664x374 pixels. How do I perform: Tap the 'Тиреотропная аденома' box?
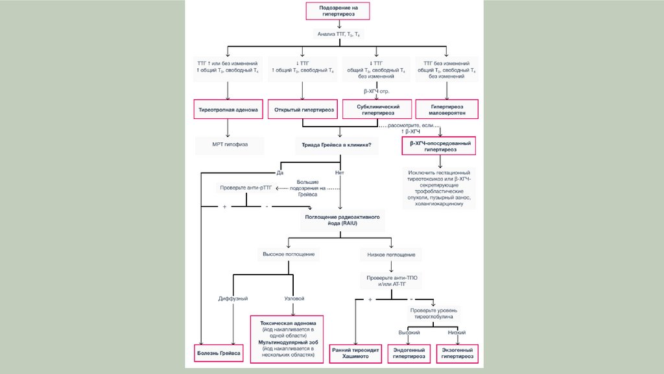click(229, 110)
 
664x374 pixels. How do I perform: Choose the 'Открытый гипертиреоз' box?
click(304, 110)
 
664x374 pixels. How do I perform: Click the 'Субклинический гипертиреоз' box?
click(379, 109)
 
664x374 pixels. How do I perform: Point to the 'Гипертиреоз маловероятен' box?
click(447, 109)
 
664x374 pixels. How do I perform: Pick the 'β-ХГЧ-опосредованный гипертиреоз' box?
click(439, 145)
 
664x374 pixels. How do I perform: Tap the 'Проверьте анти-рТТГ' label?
click(246, 188)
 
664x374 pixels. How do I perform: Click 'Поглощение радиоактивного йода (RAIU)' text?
click(342, 219)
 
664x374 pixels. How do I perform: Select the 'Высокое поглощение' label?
click(289, 254)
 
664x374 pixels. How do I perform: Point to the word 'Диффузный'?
click(233, 298)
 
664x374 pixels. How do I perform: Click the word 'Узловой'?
click(294, 298)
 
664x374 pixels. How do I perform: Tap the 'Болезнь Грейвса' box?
click(219, 353)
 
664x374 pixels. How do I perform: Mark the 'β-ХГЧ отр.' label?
click(377, 92)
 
